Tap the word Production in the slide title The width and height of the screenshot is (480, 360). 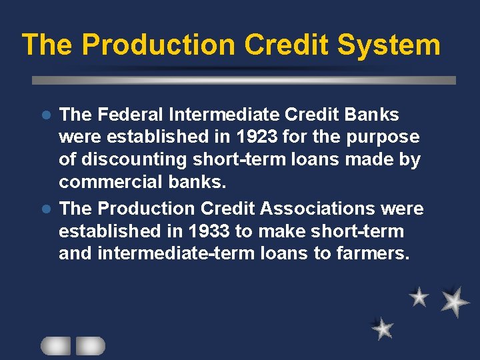click(159, 45)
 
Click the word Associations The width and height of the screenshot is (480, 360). click(317, 209)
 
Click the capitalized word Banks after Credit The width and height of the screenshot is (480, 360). click(372, 115)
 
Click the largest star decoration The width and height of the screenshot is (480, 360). click(455, 301)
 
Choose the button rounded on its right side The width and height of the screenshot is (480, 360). click(90, 345)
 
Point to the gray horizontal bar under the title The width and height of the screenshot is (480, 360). click(244, 80)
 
